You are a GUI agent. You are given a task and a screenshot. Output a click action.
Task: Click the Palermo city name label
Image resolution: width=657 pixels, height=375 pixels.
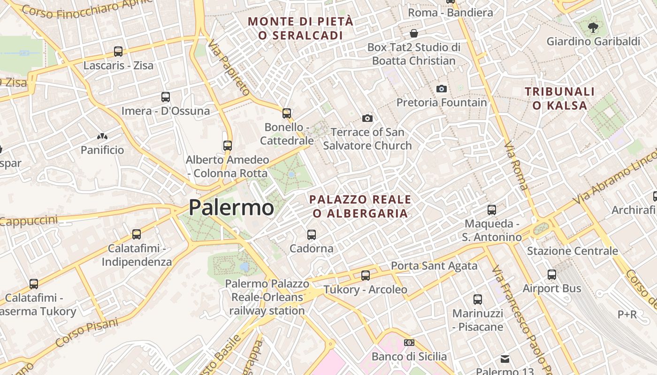click(231, 207)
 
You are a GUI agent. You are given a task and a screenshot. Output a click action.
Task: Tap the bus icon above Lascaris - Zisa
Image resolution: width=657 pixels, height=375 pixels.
click(118, 52)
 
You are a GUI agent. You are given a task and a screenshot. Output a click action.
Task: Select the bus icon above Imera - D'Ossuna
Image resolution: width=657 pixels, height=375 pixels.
click(166, 97)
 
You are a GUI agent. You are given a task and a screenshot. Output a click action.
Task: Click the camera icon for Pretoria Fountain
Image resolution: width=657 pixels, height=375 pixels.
click(442, 89)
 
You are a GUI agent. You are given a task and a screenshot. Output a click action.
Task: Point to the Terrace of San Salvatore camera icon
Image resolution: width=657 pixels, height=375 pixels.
click(367, 119)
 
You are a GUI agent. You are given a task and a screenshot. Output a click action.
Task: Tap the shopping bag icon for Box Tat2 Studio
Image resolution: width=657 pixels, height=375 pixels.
click(414, 33)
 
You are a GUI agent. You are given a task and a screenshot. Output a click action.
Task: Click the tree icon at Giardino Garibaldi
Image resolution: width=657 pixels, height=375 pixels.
click(593, 27)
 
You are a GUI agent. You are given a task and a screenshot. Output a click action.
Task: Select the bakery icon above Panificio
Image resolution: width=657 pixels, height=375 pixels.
click(102, 136)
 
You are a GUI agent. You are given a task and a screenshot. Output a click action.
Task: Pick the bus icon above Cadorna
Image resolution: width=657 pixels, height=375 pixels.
click(311, 234)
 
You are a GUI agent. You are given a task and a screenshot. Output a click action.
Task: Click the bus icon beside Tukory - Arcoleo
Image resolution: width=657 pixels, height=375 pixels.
click(366, 276)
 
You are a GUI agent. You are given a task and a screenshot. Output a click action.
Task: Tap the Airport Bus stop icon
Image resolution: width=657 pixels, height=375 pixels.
click(552, 275)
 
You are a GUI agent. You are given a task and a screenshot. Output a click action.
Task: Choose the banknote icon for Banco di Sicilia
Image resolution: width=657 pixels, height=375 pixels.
click(409, 343)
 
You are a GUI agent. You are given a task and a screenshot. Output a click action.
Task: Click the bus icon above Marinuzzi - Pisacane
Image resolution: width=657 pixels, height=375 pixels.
click(478, 299)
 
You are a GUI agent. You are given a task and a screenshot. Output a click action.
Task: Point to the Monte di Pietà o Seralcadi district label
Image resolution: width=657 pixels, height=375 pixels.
click(300, 28)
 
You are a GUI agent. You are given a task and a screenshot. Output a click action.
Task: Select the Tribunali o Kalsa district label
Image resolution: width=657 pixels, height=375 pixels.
click(559, 98)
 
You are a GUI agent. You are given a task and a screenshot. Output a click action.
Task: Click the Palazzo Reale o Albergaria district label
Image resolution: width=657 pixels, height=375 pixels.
click(360, 206)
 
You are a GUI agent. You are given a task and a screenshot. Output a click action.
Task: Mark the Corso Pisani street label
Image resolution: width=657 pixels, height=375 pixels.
click(87, 332)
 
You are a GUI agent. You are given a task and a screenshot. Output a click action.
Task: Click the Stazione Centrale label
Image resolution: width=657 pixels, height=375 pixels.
click(573, 251)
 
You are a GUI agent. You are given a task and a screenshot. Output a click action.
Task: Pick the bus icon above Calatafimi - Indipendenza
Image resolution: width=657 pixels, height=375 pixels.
click(137, 234)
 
